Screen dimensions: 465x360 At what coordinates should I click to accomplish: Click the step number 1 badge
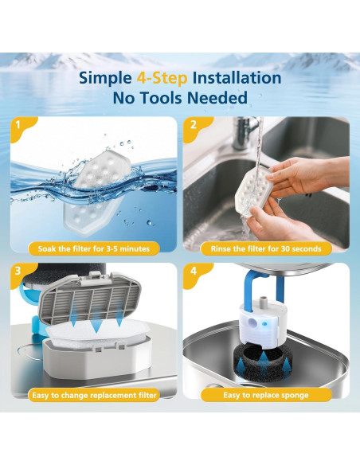(18, 126)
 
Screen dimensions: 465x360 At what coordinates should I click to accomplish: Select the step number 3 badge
(18, 272)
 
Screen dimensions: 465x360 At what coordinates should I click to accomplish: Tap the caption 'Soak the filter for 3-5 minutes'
(93, 248)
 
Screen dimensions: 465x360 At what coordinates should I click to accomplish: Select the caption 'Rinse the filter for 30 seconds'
(267, 248)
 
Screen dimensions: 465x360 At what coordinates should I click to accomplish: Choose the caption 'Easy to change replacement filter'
(93, 395)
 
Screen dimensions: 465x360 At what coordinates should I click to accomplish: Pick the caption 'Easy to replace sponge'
(267, 395)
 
